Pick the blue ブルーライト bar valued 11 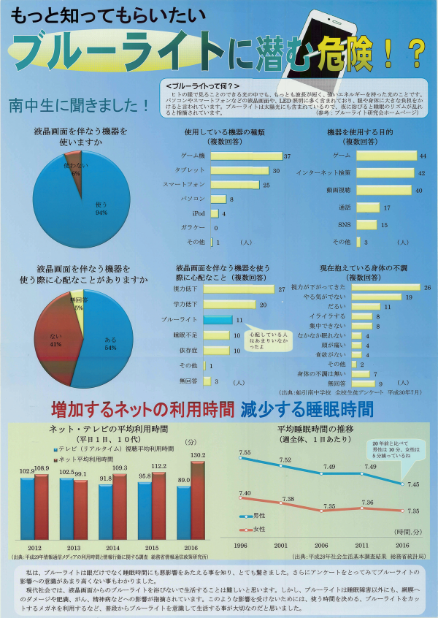pyautogui.click(x=218, y=320)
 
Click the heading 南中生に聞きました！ pyautogui.click(x=79, y=105)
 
